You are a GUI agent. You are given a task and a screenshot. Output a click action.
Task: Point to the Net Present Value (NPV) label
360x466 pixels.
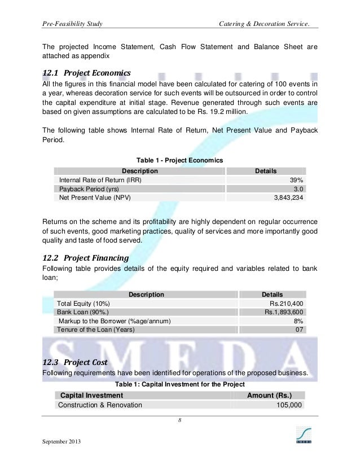[94, 198]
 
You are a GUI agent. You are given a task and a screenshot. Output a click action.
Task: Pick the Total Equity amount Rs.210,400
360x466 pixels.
[287, 303]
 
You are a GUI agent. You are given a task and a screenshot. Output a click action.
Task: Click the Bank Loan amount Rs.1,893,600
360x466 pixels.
[284, 312]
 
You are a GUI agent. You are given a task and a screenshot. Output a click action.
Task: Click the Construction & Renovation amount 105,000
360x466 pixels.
[289, 405]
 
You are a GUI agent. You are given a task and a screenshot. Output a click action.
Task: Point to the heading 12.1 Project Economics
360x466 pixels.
[87, 73]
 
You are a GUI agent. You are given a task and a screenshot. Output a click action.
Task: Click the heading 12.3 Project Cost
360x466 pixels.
[74, 362]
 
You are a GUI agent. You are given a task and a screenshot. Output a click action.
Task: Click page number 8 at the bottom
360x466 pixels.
[179, 420]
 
